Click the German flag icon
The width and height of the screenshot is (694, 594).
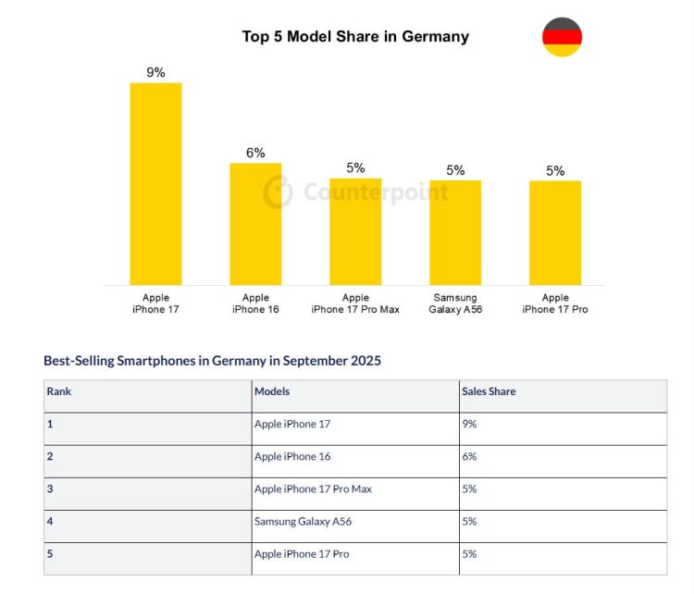coord(562,37)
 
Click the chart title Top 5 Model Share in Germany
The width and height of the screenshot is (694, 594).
coord(355,37)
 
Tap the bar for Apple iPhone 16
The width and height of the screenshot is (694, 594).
coord(255,224)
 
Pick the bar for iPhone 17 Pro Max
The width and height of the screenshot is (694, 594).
coord(355,231)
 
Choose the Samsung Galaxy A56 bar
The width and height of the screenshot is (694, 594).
coord(455,232)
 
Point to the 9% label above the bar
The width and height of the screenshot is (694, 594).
coord(155,72)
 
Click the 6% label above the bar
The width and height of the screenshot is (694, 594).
coord(255,153)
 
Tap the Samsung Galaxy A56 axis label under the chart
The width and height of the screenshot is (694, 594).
coord(455,303)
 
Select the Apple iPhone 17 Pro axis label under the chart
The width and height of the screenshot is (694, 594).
coord(555,303)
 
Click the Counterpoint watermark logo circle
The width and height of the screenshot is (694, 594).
coord(279,192)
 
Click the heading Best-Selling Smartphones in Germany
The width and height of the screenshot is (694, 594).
coord(212,361)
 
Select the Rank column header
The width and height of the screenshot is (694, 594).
coord(59,391)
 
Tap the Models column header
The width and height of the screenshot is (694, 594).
coord(272,391)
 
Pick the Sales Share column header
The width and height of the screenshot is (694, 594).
coord(489,391)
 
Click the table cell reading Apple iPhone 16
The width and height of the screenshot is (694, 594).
coord(292,456)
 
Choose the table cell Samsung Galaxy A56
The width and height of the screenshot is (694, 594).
coord(303,521)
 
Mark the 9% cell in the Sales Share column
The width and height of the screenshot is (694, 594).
coord(469,424)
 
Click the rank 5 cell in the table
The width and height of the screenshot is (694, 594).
coord(50,553)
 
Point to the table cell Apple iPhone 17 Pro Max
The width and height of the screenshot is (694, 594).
coord(313,489)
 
